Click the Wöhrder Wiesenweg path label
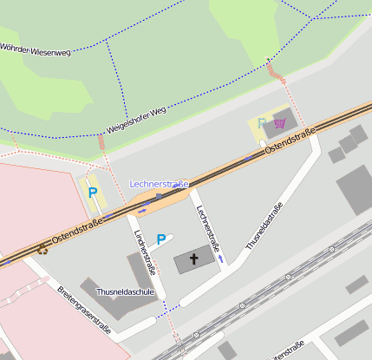click(x=36, y=49)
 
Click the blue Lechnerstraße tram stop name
click(x=160, y=184)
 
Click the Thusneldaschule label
click(x=126, y=292)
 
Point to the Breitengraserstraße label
click(x=83, y=311)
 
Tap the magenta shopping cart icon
click(x=279, y=123)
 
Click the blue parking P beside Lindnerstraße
click(x=160, y=239)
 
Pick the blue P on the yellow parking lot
click(x=92, y=193)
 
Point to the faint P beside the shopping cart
click(x=261, y=123)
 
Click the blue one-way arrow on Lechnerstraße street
click(x=222, y=259)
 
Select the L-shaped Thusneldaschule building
click(x=104, y=295)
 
